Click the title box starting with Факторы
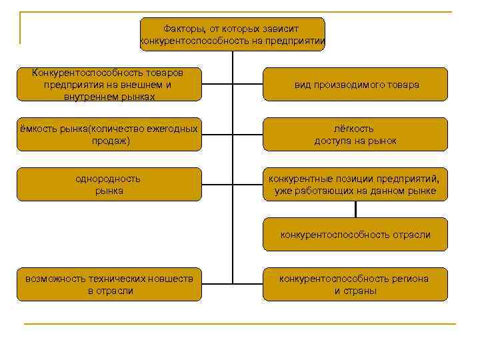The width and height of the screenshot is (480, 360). pyautogui.click(x=232, y=35)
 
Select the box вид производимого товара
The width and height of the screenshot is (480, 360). pyautogui.click(x=355, y=85)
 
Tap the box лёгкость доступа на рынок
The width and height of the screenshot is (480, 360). pyautogui.click(x=355, y=135)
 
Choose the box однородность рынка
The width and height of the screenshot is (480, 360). pyautogui.click(x=109, y=185)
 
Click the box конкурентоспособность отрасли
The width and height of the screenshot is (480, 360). pyautogui.click(x=355, y=235)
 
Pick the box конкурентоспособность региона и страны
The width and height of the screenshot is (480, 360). pyautogui.click(x=355, y=285)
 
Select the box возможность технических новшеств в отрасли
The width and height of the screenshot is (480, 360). pyautogui.click(x=109, y=285)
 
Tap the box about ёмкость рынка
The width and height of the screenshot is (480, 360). pyautogui.click(x=109, y=135)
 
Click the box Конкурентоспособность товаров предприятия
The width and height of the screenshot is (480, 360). pyautogui.click(x=109, y=85)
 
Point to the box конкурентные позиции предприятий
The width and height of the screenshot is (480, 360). pyautogui.click(x=355, y=185)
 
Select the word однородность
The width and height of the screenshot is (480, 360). pyautogui.click(x=109, y=179)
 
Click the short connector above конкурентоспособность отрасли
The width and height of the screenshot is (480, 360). pyautogui.click(x=355, y=209)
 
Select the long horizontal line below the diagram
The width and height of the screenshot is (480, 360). pyautogui.click(x=240, y=324)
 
